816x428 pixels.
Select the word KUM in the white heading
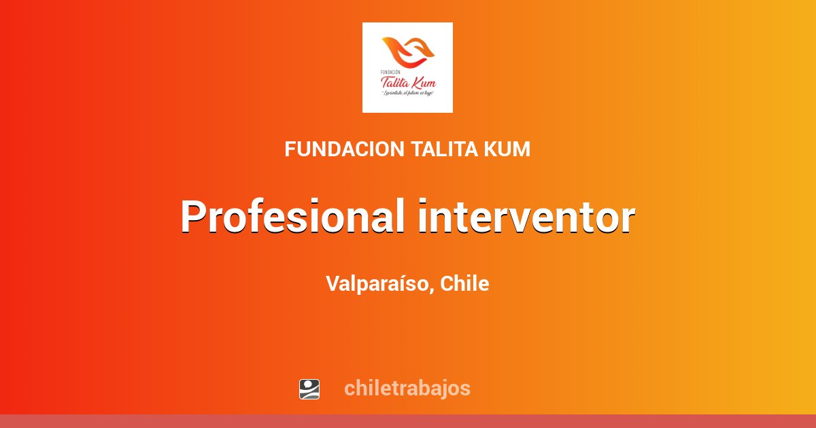tap(507, 149)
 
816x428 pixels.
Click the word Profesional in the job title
tap(292, 217)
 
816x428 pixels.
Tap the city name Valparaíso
tap(377, 284)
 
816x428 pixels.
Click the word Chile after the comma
tap(464, 284)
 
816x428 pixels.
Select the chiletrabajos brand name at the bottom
tap(407, 389)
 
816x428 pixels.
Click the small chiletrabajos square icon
tap(309, 389)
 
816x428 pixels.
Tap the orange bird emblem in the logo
tap(407, 54)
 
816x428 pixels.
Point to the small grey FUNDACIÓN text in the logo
tap(392, 71)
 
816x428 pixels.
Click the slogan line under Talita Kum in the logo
tap(407, 93)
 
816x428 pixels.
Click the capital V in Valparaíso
tap(332, 284)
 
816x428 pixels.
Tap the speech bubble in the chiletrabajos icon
tap(309, 385)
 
